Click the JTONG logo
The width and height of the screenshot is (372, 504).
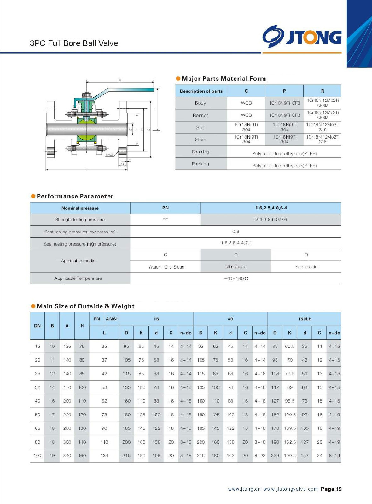pyautogui.click(x=302, y=36)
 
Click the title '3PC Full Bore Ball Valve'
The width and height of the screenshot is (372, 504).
pyautogui.click(x=74, y=43)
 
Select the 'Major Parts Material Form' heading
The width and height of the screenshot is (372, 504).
pyautogui.click(x=224, y=79)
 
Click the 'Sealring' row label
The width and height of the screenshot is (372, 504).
pyautogui.click(x=201, y=152)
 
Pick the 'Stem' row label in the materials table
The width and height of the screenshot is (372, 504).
pyautogui.click(x=201, y=140)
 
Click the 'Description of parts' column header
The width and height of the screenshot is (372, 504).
pyautogui.click(x=201, y=91)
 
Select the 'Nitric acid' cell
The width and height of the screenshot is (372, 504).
pyautogui.click(x=235, y=267)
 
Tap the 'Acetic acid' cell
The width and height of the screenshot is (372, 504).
pyautogui.click(x=306, y=267)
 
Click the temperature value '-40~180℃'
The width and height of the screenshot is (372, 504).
pyautogui.click(x=236, y=278)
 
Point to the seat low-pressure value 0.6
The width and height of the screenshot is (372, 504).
pyautogui.click(x=235, y=232)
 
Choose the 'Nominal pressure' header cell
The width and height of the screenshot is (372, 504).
pyautogui.click(x=80, y=208)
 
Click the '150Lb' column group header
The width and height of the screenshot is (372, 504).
pyautogui.click(x=304, y=319)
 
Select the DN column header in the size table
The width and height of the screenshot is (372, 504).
pyautogui.click(x=38, y=326)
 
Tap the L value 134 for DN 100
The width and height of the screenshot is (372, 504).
pyautogui.click(x=104, y=455)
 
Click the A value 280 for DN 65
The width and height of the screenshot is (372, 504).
pyautogui.click(x=67, y=428)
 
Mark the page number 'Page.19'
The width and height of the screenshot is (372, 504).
pyautogui.click(x=331, y=489)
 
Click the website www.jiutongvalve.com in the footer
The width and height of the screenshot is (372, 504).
pyautogui.click(x=290, y=489)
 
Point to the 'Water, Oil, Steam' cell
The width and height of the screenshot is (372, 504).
pyautogui.click(x=167, y=267)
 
